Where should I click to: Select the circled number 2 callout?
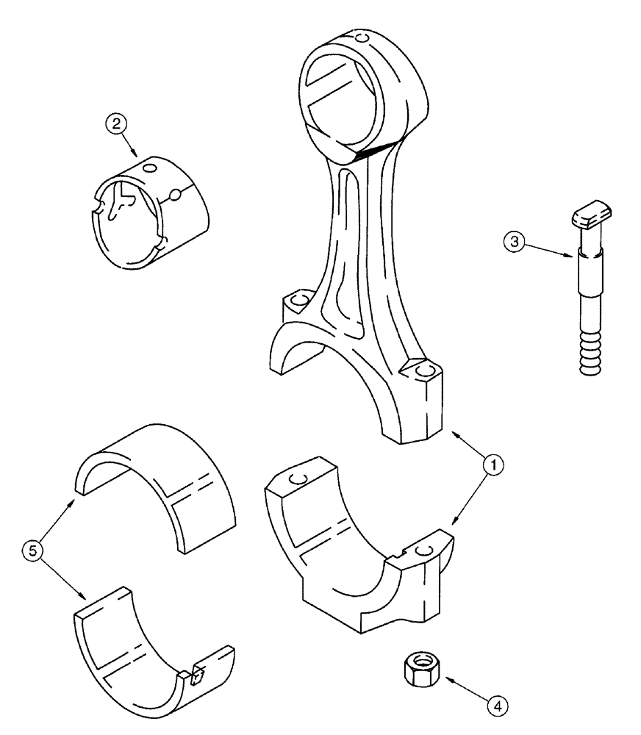point(114,126)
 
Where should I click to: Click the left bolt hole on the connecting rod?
point(299,301)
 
